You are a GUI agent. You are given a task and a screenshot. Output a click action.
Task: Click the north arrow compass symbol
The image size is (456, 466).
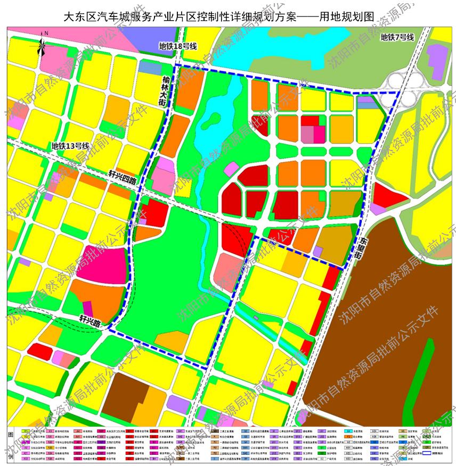pos(42,46)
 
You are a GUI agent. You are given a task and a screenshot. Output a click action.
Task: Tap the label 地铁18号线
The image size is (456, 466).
pos(178,46)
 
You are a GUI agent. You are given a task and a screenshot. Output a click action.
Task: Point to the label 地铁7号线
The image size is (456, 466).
pos(397,37)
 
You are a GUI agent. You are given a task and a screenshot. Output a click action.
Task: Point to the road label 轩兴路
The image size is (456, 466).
pos(90,320)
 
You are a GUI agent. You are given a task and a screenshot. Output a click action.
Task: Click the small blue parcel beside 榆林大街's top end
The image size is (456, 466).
pos(148,66)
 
